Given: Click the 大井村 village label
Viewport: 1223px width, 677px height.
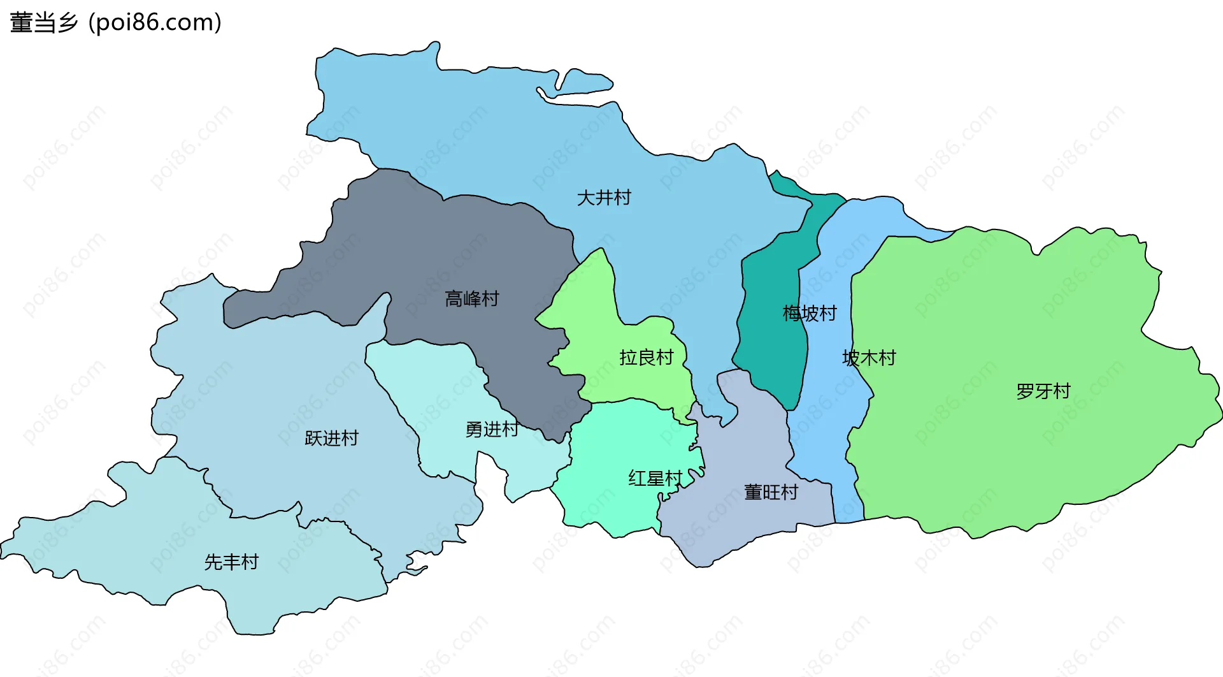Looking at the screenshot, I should tap(603, 198).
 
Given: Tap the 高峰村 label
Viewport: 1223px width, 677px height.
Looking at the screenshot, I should tap(471, 299).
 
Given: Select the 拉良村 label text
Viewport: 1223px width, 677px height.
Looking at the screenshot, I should tap(646, 358).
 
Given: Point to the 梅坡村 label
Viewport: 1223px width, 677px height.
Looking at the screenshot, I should tap(809, 314).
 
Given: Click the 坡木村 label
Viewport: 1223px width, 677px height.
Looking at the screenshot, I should tap(869, 358).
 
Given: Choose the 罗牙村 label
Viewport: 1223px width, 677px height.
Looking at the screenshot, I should tap(1043, 391).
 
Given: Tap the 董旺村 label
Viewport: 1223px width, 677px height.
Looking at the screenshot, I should tap(771, 493).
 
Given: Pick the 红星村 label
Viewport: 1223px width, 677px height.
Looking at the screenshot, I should tap(655, 478).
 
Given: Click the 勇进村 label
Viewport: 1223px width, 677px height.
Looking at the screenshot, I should tap(492, 430).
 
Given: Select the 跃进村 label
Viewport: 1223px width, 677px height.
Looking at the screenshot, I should tap(331, 439).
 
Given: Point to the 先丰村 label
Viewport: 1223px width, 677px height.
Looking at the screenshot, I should tap(231, 562).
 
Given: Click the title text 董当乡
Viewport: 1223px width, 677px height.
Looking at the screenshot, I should tap(43, 22).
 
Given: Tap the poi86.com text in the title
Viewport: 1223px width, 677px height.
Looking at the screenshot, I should tap(155, 22).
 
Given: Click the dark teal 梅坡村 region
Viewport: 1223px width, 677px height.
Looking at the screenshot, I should tap(768, 344).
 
